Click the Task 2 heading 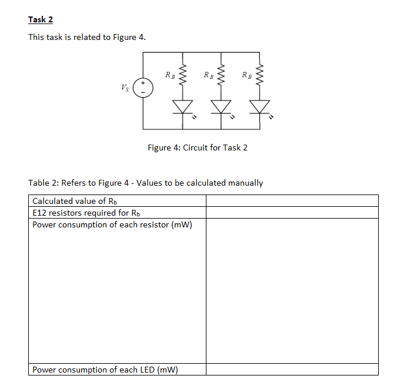[41, 19]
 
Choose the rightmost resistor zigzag [259, 75]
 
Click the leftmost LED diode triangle [182, 106]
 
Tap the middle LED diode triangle [221, 106]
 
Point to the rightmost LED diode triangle [259, 106]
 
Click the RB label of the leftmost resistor [169, 75]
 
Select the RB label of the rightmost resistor [247, 75]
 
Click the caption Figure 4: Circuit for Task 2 [198, 147]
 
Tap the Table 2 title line [146, 183]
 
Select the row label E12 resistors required [86, 213]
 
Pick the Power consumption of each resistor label [112, 224]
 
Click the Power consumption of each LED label [105, 370]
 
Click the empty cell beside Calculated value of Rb [292, 201]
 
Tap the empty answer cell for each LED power [292, 370]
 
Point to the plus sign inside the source [143, 84]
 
